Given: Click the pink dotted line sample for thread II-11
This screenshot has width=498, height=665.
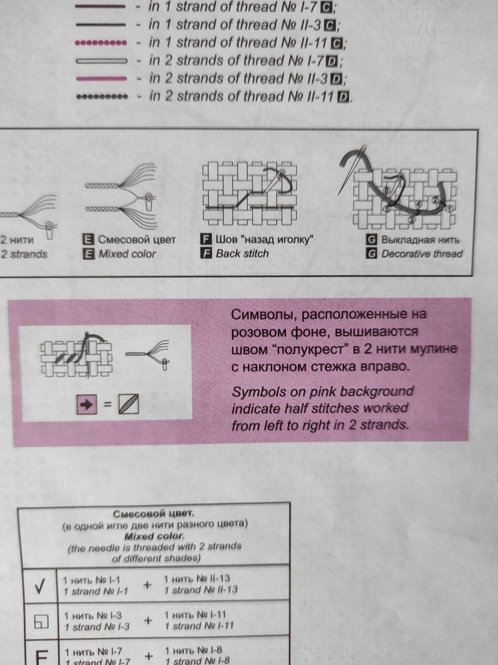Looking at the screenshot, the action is click(x=100, y=43).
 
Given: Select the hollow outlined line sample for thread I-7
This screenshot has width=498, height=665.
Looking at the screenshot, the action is click(x=101, y=61).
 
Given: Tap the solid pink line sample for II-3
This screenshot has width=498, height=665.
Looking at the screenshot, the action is click(x=101, y=79).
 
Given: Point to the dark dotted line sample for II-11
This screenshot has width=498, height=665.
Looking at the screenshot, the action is click(x=102, y=97).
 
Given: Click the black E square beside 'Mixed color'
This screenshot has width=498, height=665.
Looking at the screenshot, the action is click(x=88, y=254).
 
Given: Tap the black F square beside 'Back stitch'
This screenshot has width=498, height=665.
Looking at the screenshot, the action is click(x=206, y=254).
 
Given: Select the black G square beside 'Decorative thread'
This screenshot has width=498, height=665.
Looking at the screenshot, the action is click(x=372, y=254).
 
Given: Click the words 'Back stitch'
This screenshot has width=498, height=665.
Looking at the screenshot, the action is click(x=243, y=254).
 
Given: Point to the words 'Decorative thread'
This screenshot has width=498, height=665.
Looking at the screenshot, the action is click(x=422, y=254).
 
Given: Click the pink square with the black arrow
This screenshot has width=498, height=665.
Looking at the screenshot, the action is click(x=87, y=405).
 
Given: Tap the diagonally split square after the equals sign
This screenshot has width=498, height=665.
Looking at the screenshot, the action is click(x=128, y=404).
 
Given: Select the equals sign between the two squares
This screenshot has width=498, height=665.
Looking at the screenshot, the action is click(x=108, y=405).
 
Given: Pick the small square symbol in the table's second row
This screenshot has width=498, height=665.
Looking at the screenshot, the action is click(x=41, y=621).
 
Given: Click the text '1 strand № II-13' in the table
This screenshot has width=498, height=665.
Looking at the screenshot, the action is click(x=201, y=590).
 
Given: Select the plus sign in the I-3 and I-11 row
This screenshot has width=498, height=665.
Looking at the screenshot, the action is click(x=148, y=621).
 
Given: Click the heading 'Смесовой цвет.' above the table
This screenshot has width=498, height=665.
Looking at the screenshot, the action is click(x=154, y=514).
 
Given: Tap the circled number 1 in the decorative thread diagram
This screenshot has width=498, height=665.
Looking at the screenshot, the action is click(x=449, y=209).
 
